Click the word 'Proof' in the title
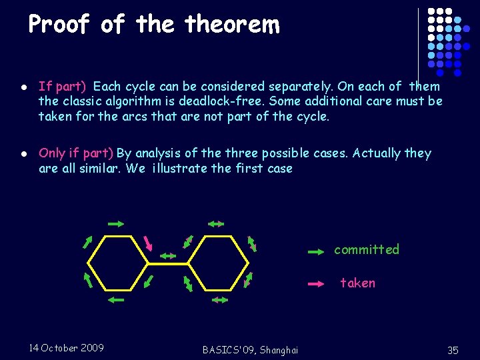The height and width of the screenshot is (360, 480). [x=59, y=25]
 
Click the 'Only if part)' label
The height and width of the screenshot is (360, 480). [x=76, y=153]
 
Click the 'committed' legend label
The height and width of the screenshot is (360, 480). [x=366, y=250]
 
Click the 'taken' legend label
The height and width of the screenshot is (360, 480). [x=358, y=283]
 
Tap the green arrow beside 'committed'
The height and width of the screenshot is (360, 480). [x=316, y=252]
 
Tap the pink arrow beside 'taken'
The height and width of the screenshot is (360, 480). [x=316, y=284]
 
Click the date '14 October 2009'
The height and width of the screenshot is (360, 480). [x=67, y=347]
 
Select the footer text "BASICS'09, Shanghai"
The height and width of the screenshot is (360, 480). [x=250, y=350]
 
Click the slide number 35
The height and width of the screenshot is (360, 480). [x=453, y=350]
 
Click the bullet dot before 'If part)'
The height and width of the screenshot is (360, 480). [x=23, y=87]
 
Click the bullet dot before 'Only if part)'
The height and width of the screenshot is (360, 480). [x=23, y=154]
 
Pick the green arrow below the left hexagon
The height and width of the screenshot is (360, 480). [x=115, y=301]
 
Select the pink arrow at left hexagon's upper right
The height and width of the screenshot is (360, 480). [x=148, y=240]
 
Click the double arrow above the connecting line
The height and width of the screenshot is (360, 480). [x=167, y=255]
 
